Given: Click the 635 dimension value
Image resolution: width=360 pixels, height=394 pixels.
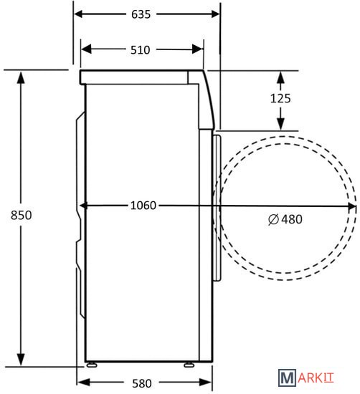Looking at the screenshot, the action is [x=141, y=14].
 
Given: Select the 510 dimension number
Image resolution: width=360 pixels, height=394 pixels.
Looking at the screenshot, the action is [x=141, y=49].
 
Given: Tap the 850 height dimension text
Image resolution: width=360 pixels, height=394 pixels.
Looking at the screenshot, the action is [x=21, y=215].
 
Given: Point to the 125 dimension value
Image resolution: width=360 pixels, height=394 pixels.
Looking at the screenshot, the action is [x=280, y=98].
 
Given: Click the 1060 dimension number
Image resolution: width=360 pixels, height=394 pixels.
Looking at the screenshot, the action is [x=143, y=206].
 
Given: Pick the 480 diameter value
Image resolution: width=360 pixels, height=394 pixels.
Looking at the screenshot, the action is [x=292, y=219].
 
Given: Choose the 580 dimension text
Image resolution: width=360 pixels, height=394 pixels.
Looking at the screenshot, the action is [x=142, y=383].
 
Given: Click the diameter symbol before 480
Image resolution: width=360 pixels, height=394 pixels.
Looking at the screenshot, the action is [x=273, y=219].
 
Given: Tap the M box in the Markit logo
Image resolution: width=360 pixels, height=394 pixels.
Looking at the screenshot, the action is [x=287, y=377].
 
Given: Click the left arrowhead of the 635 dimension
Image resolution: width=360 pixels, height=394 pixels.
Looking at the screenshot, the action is [x=78, y=14].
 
